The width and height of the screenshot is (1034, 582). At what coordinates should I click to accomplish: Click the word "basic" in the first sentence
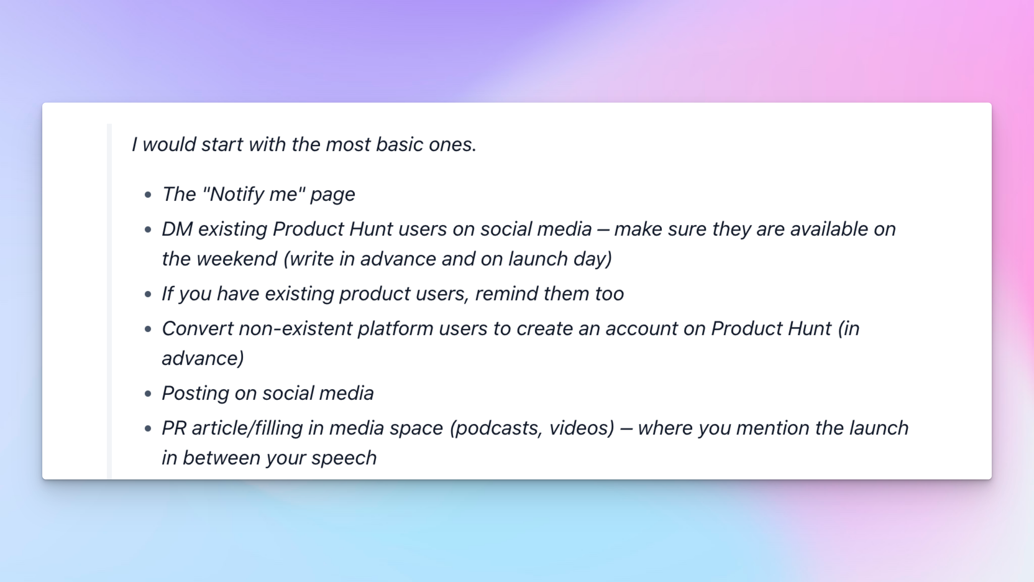(x=399, y=144)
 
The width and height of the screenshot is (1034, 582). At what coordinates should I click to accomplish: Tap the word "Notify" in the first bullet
(x=236, y=194)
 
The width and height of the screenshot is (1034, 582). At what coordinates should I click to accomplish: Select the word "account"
(x=642, y=329)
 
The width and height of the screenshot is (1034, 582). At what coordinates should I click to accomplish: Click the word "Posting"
(x=195, y=393)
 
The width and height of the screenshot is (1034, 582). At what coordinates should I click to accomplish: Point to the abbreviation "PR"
(x=174, y=428)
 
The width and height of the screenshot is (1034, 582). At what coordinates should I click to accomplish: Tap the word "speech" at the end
(x=344, y=458)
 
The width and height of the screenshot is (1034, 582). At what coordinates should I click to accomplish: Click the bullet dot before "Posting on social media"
(x=148, y=394)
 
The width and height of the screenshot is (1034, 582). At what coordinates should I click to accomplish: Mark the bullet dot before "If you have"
(x=148, y=294)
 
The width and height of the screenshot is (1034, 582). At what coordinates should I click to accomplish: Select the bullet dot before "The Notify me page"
(x=148, y=195)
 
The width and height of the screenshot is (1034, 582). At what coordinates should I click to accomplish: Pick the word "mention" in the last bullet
(x=773, y=428)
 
